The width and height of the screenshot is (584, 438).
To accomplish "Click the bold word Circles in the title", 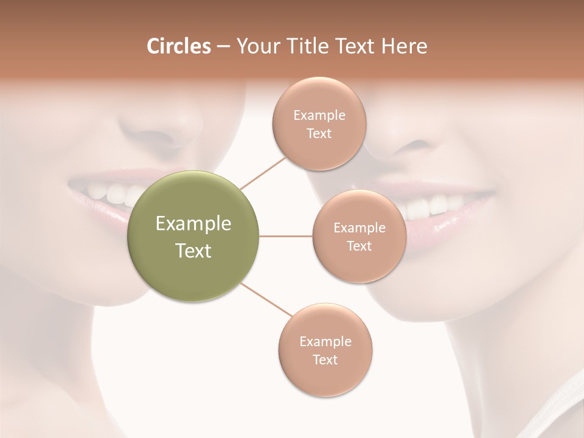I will (178, 46).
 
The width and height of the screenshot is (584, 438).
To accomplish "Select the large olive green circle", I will (193, 237).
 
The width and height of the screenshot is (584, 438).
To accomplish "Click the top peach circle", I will (319, 123).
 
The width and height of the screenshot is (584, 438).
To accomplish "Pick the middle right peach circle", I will (359, 237).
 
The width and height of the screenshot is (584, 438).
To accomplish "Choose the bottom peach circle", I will (325, 350).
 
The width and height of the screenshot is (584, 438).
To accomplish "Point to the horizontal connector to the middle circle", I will (285, 237).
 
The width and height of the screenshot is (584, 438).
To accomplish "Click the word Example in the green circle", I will (193, 224).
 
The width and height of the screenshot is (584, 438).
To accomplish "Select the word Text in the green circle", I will (193, 251).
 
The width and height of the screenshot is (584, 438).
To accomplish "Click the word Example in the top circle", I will (319, 115).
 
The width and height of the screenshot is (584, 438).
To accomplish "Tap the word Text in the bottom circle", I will (325, 360).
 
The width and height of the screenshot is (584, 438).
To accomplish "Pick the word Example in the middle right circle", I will (359, 228).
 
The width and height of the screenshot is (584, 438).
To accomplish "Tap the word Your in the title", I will (257, 46).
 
